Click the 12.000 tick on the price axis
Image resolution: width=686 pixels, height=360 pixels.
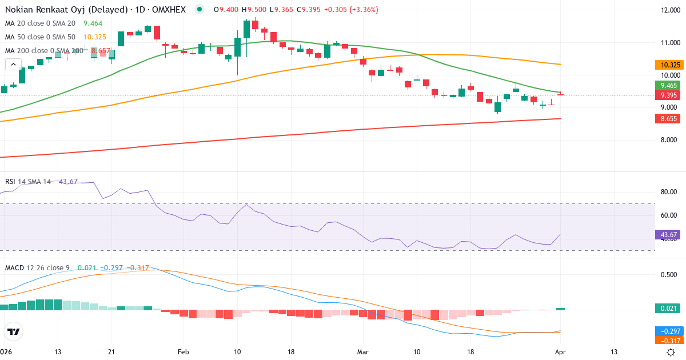point(669,10)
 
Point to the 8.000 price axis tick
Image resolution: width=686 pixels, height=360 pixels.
point(669,140)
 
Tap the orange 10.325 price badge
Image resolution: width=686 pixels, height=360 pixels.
point(669,65)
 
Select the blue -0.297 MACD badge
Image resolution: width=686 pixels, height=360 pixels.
point(669,331)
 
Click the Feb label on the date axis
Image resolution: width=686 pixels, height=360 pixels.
point(183,351)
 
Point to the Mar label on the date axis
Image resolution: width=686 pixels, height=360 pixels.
point(362,351)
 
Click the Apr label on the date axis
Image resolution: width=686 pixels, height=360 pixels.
point(560,351)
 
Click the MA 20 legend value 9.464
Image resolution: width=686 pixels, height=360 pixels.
point(93,23)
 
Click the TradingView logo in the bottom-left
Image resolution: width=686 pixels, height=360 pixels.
point(13,331)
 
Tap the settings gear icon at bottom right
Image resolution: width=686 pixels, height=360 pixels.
point(671,351)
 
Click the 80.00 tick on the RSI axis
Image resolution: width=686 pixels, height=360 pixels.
point(669,192)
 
